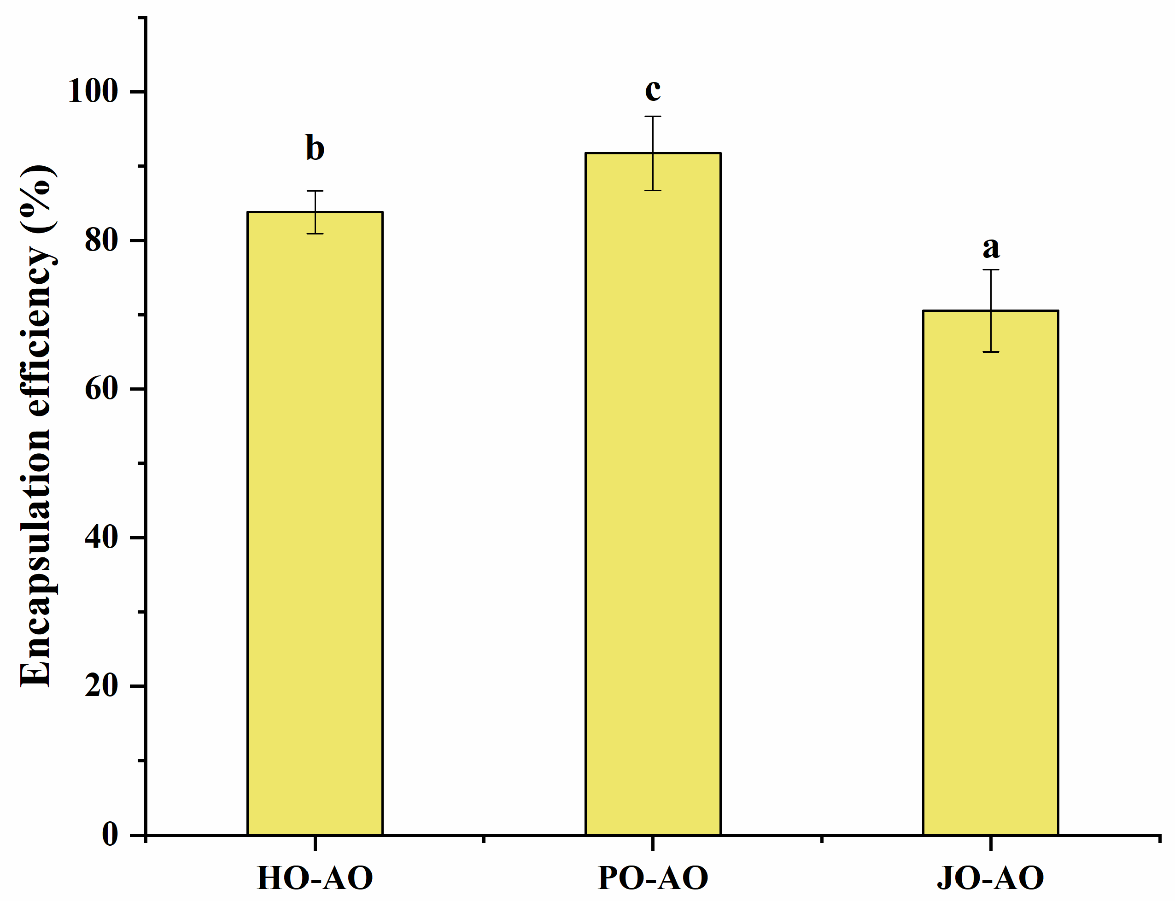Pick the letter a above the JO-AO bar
click(x=990, y=247)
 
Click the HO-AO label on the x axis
click(x=315, y=878)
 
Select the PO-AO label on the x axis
click(x=653, y=878)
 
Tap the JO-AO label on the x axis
click(x=990, y=878)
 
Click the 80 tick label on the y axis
click(x=101, y=241)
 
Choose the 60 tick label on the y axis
click(x=101, y=389)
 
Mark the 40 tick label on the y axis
click(x=101, y=538)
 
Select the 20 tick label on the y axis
click(x=101, y=686)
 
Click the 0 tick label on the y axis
click(x=110, y=835)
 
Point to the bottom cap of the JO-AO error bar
click(x=990, y=352)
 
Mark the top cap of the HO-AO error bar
click(x=315, y=191)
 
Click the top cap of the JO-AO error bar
click(x=990, y=270)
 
